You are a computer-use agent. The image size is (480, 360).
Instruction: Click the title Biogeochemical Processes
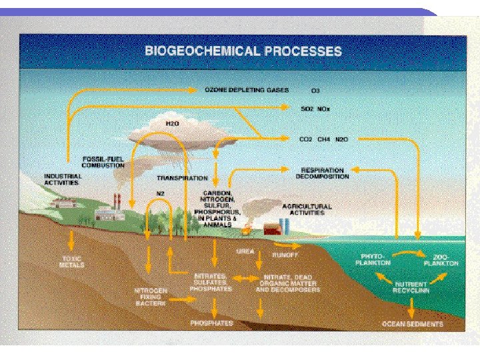coord(243,51)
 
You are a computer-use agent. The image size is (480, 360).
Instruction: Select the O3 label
coord(315,90)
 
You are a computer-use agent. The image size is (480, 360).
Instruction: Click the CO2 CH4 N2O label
coord(323,139)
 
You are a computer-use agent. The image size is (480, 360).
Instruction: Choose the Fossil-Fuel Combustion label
coord(103,162)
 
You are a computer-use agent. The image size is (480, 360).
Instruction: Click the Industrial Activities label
coord(63,179)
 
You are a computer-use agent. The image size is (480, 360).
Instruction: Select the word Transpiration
coord(182,178)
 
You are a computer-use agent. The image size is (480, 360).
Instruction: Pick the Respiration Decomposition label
coord(323,173)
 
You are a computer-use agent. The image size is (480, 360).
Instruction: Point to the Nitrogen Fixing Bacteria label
coord(151,297)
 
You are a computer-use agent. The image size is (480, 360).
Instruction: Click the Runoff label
coord(284,255)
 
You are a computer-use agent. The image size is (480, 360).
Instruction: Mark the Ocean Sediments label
coord(412,324)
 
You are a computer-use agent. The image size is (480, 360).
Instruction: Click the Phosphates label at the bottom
coord(212,323)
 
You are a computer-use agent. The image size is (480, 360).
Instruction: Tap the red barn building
coord(272,229)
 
